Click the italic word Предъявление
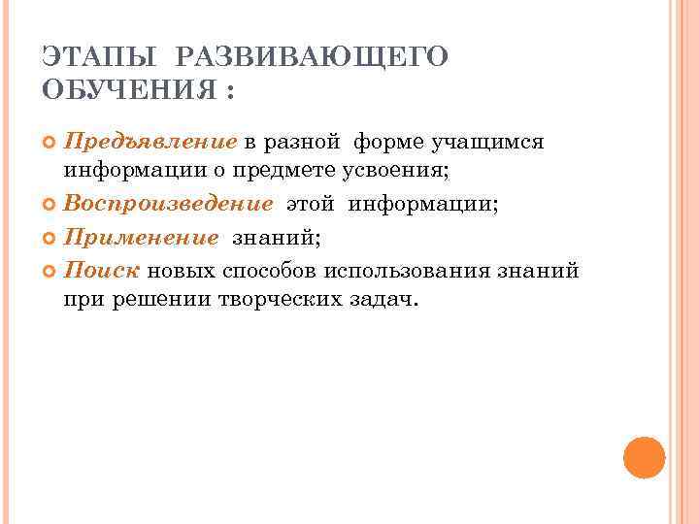click(150, 143)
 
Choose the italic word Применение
click(142, 238)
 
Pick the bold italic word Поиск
click(101, 269)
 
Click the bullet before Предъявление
click(51, 144)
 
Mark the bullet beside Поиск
click(51, 270)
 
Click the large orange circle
click(644, 457)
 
